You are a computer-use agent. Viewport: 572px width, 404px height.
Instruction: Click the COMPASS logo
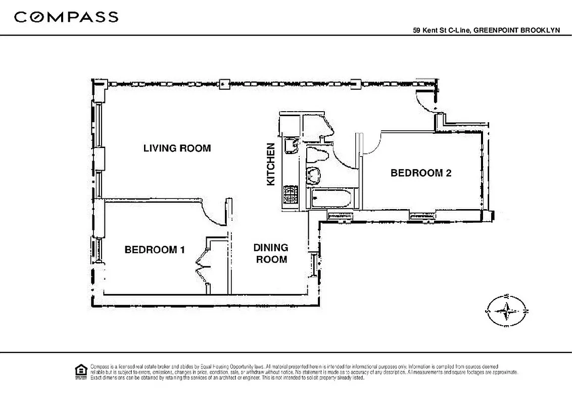[66, 17]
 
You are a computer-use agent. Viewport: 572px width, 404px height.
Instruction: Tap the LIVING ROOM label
[176, 148]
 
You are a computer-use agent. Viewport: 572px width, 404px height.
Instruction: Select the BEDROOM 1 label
[155, 249]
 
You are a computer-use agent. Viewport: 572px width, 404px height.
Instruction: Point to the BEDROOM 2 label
[421, 173]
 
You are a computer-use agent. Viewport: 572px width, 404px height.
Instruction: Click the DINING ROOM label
[271, 254]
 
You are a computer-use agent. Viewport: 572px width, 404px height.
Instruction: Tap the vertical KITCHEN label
[271, 164]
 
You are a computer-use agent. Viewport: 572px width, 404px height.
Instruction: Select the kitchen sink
[291, 146]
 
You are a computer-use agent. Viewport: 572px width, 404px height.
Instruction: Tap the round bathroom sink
[314, 175]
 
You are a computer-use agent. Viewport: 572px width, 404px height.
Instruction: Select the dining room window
[314, 264]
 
